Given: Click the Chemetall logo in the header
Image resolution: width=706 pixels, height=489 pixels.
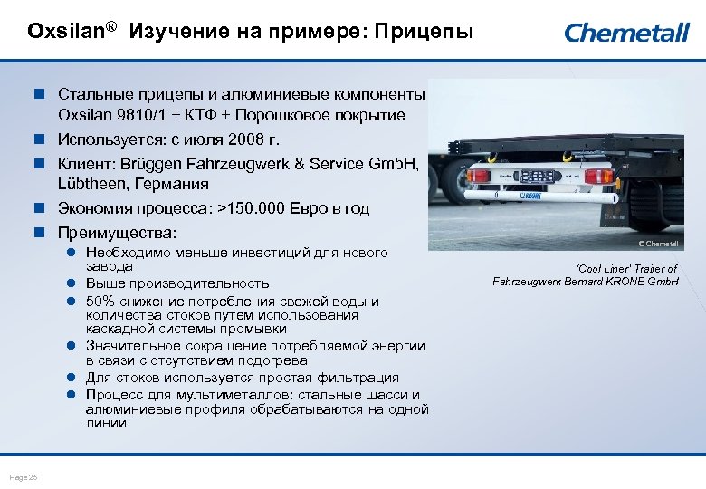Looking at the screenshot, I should pos(626,33).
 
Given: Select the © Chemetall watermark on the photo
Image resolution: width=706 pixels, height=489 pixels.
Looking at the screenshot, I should pos(657,244).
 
